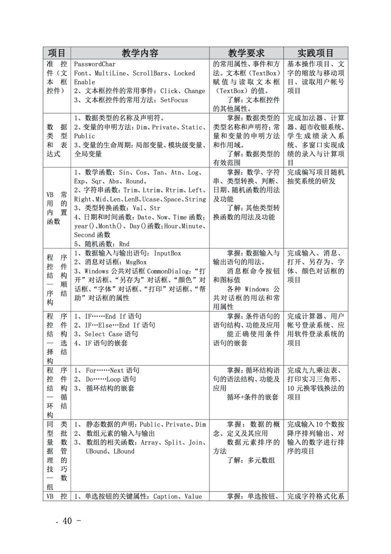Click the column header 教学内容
point(140,53)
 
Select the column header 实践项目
point(315,53)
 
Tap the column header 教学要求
point(246,53)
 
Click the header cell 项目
point(57,53)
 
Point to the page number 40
point(67,521)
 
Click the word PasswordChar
point(95,64)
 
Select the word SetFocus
point(174,100)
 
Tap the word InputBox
point(167,253)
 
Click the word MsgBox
point(136,262)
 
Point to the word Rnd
point(124,244)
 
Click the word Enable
point(84,82)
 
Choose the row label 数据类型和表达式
point(57,140)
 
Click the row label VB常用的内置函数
point(57,208)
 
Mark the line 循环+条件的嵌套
point(252,397)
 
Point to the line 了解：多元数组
point(251,460)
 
